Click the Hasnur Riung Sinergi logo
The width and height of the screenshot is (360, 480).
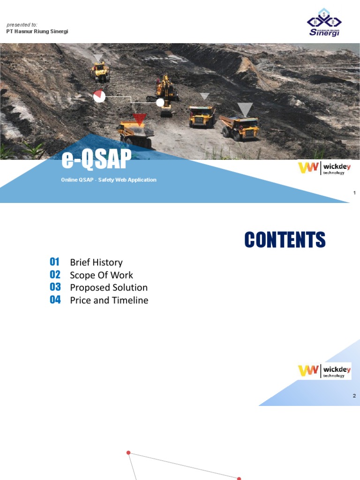coord(324,22)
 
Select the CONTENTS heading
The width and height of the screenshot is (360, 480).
coord(285,240)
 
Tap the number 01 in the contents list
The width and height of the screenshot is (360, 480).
coord(55,262)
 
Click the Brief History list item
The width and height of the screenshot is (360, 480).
coord(96,262)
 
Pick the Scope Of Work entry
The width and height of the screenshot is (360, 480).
coord(101,275)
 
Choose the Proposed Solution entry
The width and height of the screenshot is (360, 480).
coord(109,288)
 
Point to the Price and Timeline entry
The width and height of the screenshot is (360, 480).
coord(109,300)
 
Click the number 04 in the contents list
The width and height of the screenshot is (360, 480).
coord(55,300)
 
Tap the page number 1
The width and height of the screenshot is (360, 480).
coord(354,193)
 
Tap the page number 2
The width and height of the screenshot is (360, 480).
coord(354,396)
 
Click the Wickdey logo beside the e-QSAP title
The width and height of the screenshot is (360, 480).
coord(323,168)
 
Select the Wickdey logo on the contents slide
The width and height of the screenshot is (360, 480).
coord(324,371)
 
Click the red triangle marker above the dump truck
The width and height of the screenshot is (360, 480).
coord(139,118)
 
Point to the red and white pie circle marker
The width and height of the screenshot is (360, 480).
coord(99,96)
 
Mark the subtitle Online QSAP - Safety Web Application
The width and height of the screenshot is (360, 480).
coord(109,180)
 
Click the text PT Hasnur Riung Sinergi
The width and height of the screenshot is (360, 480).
coord(37,32)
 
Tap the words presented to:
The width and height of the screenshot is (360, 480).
coord(22,25)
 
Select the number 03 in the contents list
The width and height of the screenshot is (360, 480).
coord(55,287)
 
